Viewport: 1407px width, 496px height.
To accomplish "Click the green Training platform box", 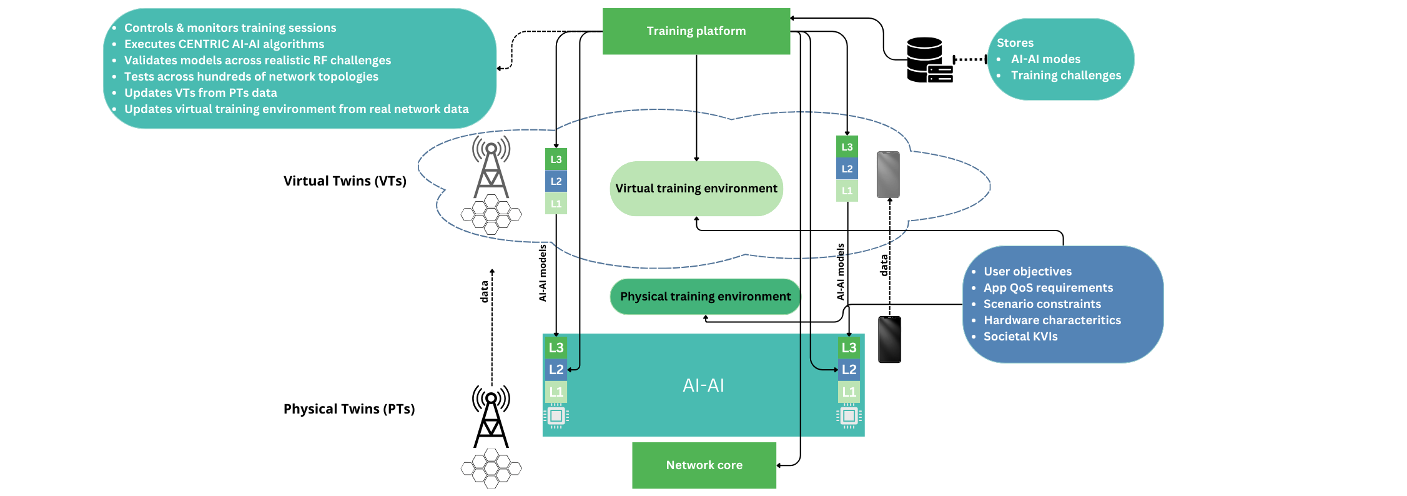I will point(696,31).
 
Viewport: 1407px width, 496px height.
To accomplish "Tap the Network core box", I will point(704,465).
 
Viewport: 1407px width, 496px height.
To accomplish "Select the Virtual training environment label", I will point(696,189).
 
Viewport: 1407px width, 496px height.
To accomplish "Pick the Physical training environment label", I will point(705,297).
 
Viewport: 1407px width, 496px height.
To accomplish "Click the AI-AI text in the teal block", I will point(703,385).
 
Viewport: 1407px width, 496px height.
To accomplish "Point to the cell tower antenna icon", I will point(491,167).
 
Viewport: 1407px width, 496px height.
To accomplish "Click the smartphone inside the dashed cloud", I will point(888,175).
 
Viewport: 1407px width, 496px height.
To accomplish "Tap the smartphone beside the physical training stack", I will point(889,339).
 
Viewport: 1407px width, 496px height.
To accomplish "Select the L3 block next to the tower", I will point(556,159).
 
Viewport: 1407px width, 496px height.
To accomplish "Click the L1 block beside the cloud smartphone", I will point(847,191).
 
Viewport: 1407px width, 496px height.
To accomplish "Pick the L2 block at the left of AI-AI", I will point(556,370).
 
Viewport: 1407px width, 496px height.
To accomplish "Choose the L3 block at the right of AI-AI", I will point(849,348).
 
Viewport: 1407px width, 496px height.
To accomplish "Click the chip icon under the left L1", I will point(556,416).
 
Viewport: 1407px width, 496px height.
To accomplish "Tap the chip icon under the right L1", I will point(849,416).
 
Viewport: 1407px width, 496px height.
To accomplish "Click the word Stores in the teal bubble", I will point(1015,43).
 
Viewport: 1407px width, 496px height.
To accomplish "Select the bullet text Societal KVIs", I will point(1020,337).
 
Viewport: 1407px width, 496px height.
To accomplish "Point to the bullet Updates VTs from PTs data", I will point(200,93).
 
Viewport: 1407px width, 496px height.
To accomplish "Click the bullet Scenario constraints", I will point(1042,304).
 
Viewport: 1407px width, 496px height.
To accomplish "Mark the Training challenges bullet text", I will point(1065,76).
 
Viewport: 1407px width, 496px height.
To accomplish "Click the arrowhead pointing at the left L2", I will point(570,370).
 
